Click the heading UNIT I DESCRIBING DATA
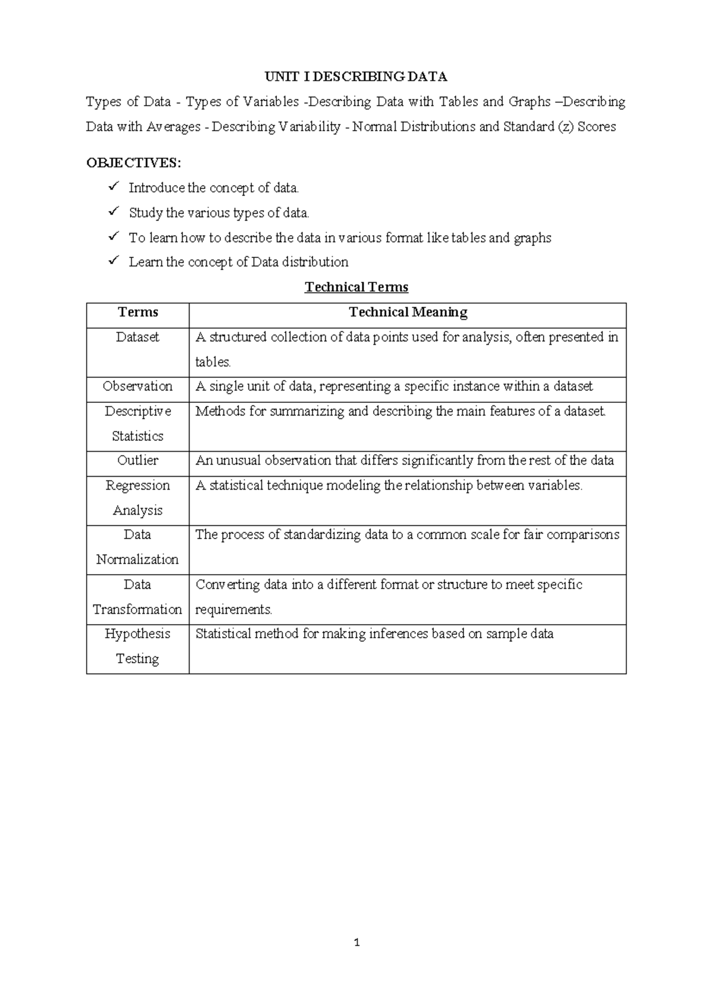pos(356,77)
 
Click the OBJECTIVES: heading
pos(134,163)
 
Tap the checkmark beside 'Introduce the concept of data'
pos(113,187)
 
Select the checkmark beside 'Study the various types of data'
pos(113,212)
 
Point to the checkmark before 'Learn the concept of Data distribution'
pos(113,261)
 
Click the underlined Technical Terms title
pos(356,287)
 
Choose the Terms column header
pos(138,312)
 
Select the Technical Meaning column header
pos(408,312)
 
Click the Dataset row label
pos(138,337)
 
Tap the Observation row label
pos(138,386)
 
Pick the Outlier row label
pos(138,461)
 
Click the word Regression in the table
pos(138,486)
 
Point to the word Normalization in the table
pos(138,559)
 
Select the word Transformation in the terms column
pos(138,609)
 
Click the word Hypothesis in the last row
pos(138,634)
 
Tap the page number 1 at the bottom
pos(356,943)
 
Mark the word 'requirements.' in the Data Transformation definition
pos(234,610)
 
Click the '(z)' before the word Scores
pos(566,127)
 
